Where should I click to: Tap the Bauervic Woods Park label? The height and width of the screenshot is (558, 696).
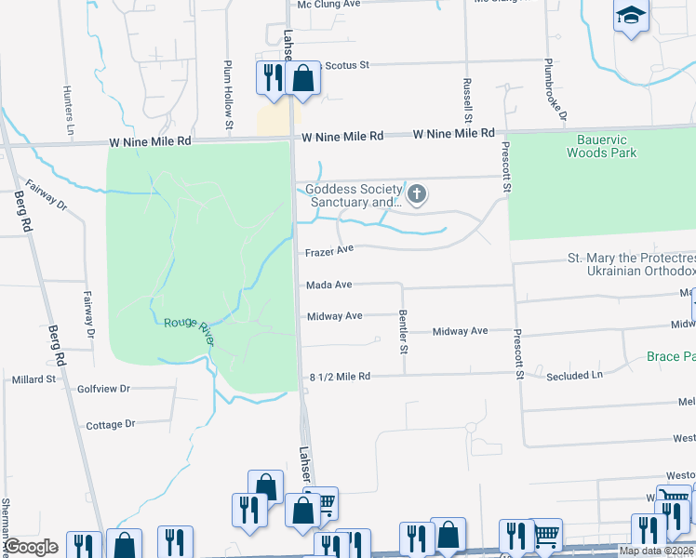[601, 146]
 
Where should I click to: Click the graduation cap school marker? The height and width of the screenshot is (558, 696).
[631, 16]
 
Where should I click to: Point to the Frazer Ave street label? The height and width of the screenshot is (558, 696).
[330, 251]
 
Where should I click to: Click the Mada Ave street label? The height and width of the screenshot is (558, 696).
[328, 285]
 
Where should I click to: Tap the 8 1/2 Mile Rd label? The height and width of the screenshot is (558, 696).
[340, 377]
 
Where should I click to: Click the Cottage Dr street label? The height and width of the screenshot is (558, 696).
[110, 424]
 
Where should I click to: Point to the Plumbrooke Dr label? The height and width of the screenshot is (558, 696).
[556, 93]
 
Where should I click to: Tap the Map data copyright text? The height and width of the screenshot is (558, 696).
[657, 551]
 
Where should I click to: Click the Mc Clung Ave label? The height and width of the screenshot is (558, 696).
[328, 5]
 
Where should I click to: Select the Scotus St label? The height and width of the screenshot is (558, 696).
[345, 65]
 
